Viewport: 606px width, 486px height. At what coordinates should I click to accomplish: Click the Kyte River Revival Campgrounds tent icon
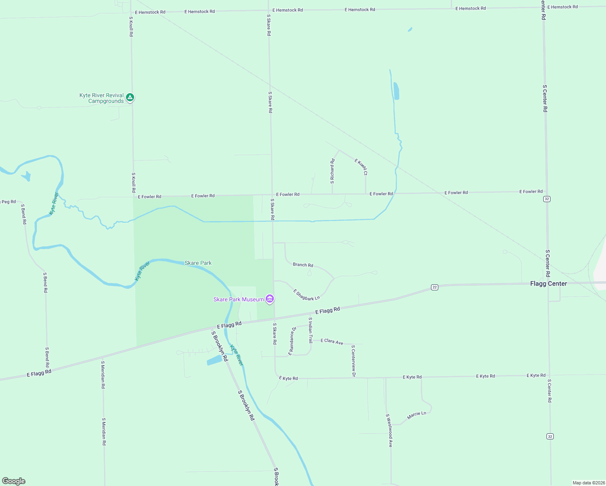pos(130,97)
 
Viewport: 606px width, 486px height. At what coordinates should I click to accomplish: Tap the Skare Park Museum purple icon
pos(270,299)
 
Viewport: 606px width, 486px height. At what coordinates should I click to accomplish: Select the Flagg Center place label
pos(548,283)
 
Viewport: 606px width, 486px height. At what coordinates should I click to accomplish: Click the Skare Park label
pos(198,263)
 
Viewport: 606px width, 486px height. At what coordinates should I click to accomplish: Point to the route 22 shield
pos(435,287)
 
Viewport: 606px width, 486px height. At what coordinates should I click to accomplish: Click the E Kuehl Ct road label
pos(361,166)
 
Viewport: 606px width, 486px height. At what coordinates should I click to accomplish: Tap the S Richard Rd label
pos(332,171)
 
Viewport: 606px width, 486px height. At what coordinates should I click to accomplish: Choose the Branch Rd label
pos(303,265)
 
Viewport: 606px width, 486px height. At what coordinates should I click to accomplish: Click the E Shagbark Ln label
pos(307,295)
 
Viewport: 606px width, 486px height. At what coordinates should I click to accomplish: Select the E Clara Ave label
pos(332,341)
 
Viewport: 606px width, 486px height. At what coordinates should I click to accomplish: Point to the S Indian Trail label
pos(311,330)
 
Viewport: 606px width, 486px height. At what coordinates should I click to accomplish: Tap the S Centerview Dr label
pos(353,361)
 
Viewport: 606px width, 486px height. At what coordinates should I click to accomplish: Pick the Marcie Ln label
pos(416,415)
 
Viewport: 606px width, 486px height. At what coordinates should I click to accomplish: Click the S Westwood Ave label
pos(389,430)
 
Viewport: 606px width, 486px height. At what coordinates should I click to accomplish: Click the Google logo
pos(14,481)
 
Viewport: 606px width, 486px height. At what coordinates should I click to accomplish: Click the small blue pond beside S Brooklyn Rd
pos(215,360)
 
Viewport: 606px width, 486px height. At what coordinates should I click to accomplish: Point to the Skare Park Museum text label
pos(239,299)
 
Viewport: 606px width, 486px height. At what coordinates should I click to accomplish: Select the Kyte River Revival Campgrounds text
pos(102,98)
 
